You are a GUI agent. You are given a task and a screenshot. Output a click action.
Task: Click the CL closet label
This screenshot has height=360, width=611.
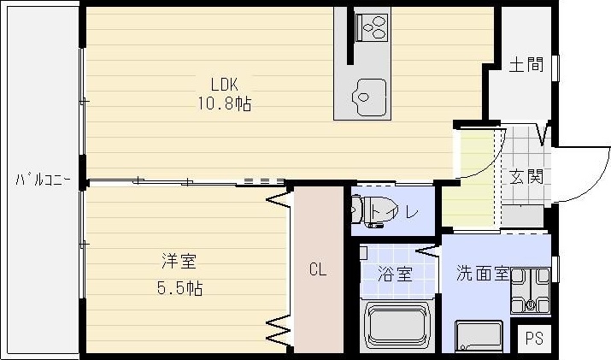tap(317, 271)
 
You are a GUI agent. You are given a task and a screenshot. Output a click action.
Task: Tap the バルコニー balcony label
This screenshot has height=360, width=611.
tap(42, 180)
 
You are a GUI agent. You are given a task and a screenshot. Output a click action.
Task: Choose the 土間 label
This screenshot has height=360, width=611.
tap(526, 66)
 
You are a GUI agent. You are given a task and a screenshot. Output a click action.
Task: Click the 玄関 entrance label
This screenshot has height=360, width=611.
tap(526, 178)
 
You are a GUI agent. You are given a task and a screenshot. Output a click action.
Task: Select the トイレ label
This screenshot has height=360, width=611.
tap(400, 212)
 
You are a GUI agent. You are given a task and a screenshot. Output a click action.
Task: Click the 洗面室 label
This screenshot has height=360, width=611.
tap(483, 274)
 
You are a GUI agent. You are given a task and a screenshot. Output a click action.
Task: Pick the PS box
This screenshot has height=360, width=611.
tap(535, 336)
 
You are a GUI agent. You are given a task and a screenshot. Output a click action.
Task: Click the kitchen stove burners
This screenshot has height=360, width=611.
tap(373, 27)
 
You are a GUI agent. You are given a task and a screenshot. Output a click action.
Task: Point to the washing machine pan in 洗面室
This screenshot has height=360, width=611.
tap(530, 292)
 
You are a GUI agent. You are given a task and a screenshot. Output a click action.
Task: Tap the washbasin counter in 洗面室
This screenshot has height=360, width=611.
tap(480, 336)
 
